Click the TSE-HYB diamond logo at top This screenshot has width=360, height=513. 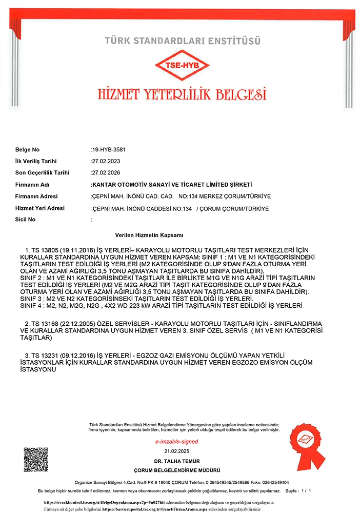[x=182, y=66]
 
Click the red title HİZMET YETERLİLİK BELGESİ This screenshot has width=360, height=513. [x=182, y=94]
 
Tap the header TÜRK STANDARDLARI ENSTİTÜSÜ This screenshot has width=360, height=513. [x=182, y=40]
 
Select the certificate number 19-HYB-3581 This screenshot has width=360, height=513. [x=108, y=150]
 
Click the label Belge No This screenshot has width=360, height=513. [x=27, y=150]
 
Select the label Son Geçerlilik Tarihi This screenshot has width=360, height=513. [x=42, y=173]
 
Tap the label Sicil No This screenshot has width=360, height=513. [x=26, y=220]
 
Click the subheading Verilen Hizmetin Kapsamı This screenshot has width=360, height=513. [x=149, y=234]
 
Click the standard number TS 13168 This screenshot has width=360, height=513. [x=46, y=324]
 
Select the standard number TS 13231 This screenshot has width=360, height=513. [x=46, y=356]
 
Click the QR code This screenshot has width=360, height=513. [x=35, y=460]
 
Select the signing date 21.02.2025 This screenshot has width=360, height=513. [x=177, y=451]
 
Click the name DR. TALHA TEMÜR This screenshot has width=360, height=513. [x=177, y=462]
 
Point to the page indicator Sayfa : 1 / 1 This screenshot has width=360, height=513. [x=297, y=491]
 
